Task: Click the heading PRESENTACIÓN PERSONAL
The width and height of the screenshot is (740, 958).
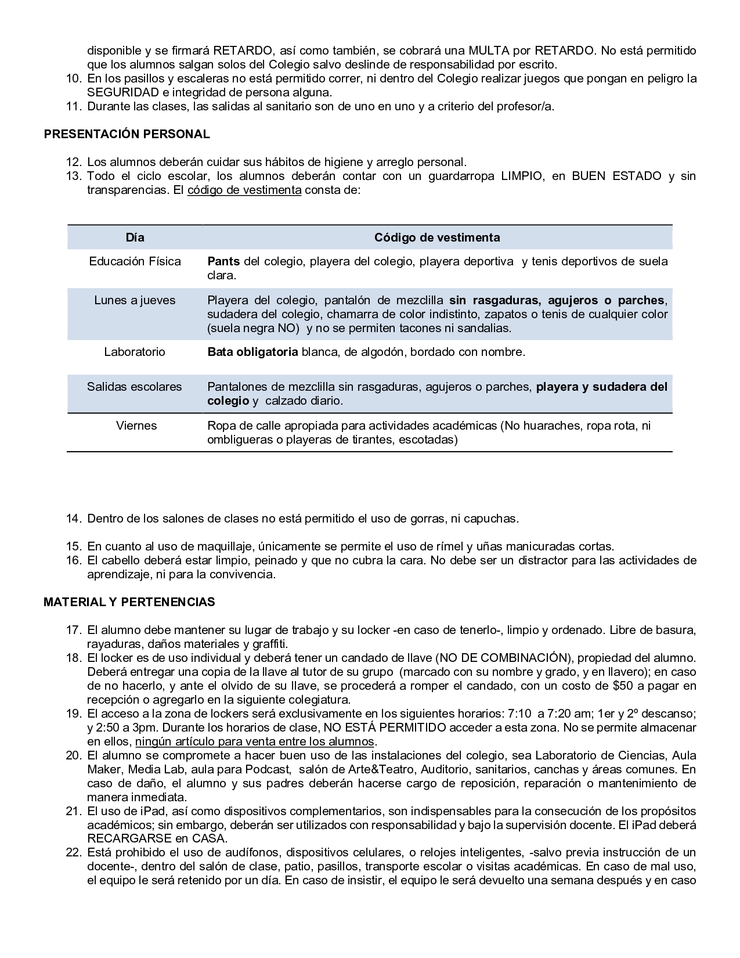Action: [127, 134]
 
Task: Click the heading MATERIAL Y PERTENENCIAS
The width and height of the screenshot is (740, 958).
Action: [129, 602]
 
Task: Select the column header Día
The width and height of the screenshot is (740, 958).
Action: [135, 237]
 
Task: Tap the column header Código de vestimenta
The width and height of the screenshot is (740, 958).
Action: [436, 237]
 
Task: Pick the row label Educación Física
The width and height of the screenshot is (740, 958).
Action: [135, 261]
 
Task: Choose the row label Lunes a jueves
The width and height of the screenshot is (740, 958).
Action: [135, 300]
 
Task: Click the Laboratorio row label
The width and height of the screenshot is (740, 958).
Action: [135, 352]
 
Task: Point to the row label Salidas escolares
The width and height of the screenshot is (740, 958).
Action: [135, 387]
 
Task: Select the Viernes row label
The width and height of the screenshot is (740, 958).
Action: [136, 426]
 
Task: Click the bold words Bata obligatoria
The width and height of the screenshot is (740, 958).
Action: [252, 352]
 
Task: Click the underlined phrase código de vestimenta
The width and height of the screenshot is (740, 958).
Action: [244, 190]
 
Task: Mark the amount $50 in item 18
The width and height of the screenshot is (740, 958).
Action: [624, 686]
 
